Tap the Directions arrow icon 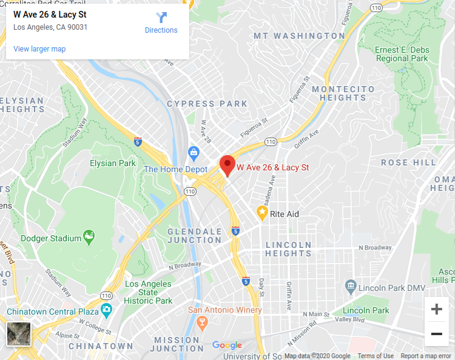[x=161, y=18]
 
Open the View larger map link [x=39, y=49]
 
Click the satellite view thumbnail [x=19, y=333]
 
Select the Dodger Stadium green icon [x=89, y=238]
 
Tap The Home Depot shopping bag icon [x=194, y=152]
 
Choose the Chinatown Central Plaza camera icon [x=107, y=311]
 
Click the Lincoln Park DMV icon [x=350, y=285]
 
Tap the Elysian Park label [x=113, y=163]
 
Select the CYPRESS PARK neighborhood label [x=207, y=104]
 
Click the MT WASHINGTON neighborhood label [x=300, y=36]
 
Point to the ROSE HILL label [x=408, y=162]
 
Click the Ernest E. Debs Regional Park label [x=402, y=54]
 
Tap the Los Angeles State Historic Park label [x=149, y=292]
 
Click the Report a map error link [x=426, y=356]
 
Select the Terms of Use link [x=376, y=356]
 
